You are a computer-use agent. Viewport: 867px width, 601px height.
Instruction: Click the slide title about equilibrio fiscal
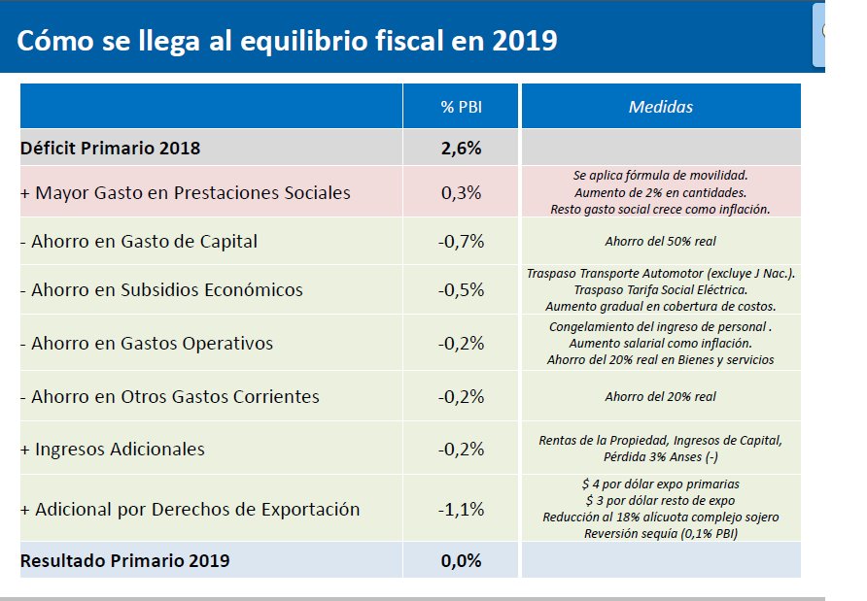tap(287, 41)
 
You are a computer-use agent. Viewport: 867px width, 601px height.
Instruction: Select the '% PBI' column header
tap(461, 107)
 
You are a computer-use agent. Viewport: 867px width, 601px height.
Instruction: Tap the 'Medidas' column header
tap(661, 107)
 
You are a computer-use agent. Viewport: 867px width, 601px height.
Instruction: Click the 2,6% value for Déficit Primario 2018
tap(461, 149)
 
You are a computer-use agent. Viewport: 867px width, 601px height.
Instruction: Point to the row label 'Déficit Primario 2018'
tap(110, 149)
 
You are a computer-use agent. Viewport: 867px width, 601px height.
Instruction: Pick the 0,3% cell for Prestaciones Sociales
tap(461, 192)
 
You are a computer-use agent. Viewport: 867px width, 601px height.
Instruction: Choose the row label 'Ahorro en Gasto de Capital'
tap(139, 241)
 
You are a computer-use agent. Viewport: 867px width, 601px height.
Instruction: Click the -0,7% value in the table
tap(461, 241)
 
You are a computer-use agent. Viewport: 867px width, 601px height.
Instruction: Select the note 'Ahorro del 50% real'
tap(660, 241)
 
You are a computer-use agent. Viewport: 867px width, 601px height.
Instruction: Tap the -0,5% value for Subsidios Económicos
tap(461, 289)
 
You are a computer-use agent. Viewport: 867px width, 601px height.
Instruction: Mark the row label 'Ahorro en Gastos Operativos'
tap(146, 343)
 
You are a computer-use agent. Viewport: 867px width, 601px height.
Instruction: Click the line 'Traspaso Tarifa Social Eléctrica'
tap(660, 290)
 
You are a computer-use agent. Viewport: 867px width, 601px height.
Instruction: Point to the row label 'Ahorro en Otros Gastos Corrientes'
tap(169, 396)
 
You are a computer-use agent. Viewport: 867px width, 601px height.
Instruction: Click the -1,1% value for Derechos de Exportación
tap(461, 509)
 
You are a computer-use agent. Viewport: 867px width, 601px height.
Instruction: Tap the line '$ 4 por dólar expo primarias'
tap(660, 484)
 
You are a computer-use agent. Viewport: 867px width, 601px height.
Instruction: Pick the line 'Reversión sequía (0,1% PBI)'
tap(660, 533)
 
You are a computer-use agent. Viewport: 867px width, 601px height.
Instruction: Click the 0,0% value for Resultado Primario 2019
tap(461, 560)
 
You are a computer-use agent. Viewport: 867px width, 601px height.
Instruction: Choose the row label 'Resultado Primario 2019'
tap(124, 560)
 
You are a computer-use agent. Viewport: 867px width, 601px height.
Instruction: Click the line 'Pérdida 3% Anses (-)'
tap(660, 456)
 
